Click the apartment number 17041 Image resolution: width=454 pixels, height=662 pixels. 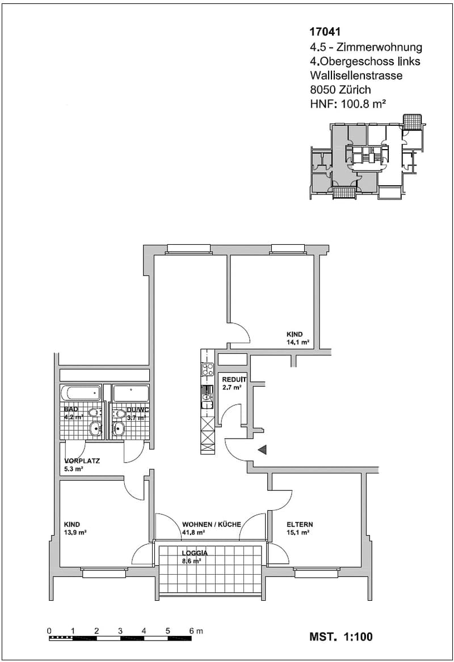point(325,32)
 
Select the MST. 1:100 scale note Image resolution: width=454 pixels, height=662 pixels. point(341,636)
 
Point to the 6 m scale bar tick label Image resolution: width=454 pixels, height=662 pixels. point(196,631)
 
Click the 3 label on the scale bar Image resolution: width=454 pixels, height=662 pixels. point(120,631)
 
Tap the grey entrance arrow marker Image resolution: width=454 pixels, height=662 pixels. point(263,450)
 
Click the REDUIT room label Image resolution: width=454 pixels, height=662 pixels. point(234,380)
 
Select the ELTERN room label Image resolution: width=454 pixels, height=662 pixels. point(300,525)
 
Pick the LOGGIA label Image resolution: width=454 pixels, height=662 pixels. point(195,553)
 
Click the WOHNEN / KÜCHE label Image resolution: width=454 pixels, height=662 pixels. point(211,525)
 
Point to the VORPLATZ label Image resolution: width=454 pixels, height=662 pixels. point(82,461)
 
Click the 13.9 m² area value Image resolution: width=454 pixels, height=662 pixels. point(75,533)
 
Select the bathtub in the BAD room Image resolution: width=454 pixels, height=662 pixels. point(81,393)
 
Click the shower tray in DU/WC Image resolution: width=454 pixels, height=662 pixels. point(131,393)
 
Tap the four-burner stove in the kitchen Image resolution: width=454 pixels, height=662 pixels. point(207,370)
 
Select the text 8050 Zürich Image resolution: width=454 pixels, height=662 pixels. point(340,90)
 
